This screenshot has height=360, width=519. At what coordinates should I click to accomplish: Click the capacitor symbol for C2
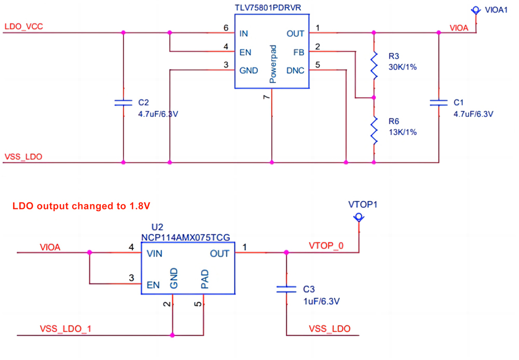[124, 102]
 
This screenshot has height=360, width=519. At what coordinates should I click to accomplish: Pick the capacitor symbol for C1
[439, 102]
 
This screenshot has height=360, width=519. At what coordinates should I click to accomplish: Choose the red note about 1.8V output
[81, 206]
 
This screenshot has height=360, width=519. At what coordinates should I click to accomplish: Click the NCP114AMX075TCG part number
[185, 237]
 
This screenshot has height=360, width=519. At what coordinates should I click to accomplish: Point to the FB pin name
[298, 52]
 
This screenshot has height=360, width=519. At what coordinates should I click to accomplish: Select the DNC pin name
[295, 70]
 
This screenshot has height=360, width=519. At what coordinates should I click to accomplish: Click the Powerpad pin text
[272, 64]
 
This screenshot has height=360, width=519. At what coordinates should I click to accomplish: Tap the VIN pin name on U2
[154, 254]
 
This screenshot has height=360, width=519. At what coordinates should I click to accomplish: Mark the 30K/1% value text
[402, 67]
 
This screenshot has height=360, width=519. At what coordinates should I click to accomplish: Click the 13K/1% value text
[402, 132]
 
